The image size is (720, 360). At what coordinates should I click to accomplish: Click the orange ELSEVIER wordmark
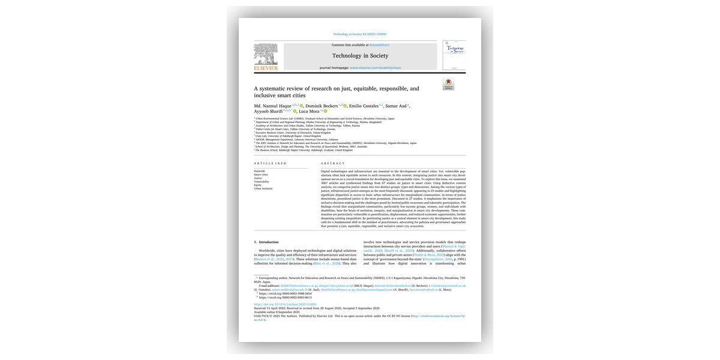point(266,68)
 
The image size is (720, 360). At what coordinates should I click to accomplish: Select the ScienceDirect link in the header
point(379,45)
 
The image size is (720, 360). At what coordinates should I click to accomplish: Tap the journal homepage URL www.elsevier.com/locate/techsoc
point(375,68)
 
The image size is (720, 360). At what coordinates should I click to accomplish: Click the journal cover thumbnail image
point(454,55)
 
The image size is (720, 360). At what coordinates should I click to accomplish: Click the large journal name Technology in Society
point(360,56)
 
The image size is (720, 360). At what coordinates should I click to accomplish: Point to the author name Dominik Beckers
point(322,106)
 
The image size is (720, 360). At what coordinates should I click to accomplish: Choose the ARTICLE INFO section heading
point(270,163)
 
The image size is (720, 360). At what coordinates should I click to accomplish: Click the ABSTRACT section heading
point(332,163)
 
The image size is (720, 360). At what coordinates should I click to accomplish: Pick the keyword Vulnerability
point(262,181)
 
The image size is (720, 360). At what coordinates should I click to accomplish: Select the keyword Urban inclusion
point(263,188)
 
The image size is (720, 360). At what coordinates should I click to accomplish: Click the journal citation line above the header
point(359,34)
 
